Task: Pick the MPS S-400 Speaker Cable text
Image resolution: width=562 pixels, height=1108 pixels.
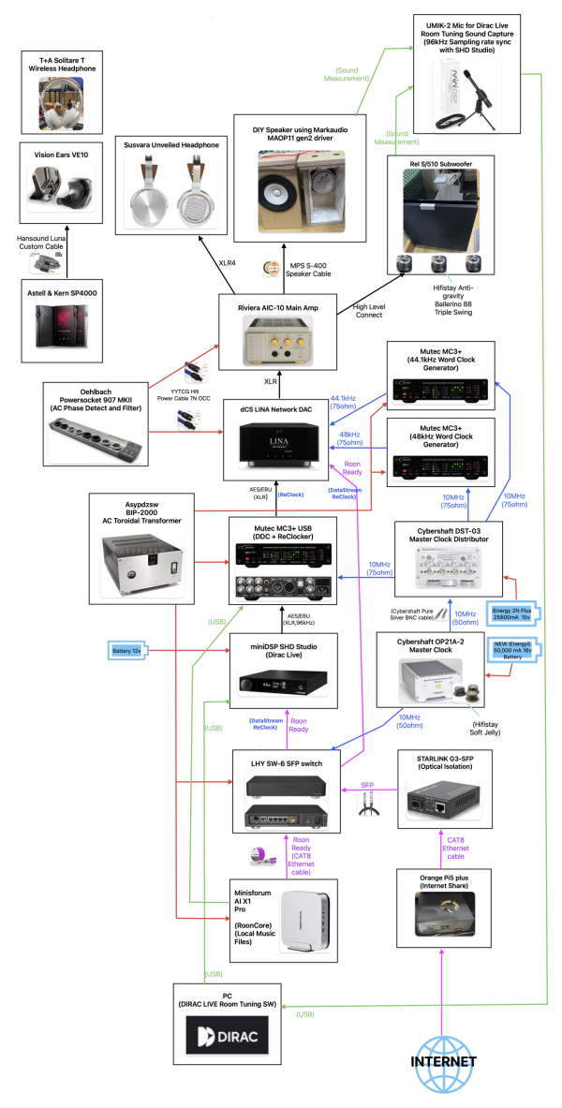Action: point(304,272)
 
